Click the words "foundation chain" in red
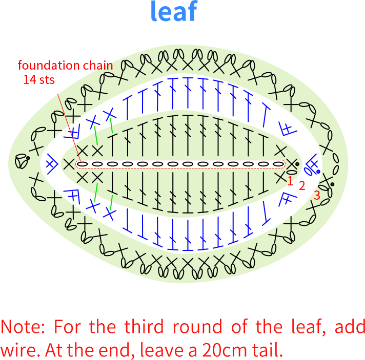(66, 66)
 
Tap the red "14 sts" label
(39, 79)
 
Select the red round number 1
(290, 181)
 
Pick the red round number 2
(302, 185)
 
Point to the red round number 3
(317, 195)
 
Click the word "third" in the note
(144, 327)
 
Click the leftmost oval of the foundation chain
(82, 164)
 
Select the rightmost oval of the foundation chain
(278, 164)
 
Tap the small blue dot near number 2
(318, 172)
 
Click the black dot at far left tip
(28, 158)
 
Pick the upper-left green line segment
(96, 136)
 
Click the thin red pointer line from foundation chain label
(69, 128)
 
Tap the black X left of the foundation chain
(69, 164)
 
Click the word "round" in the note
(197, 327)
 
